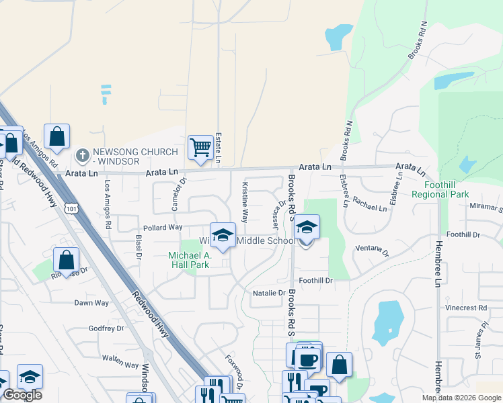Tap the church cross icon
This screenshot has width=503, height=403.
83,156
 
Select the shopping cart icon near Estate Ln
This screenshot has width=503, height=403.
200,147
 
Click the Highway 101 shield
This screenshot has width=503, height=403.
71,209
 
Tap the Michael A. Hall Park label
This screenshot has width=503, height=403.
190,260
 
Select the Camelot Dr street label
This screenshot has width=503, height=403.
177,195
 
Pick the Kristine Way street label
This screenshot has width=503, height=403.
245,202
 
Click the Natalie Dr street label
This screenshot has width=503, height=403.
269,293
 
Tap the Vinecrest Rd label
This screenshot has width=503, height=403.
465,308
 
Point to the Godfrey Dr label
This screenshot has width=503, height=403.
106,328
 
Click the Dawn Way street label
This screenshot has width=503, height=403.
91,303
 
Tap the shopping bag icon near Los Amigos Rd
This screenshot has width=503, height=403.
58,136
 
